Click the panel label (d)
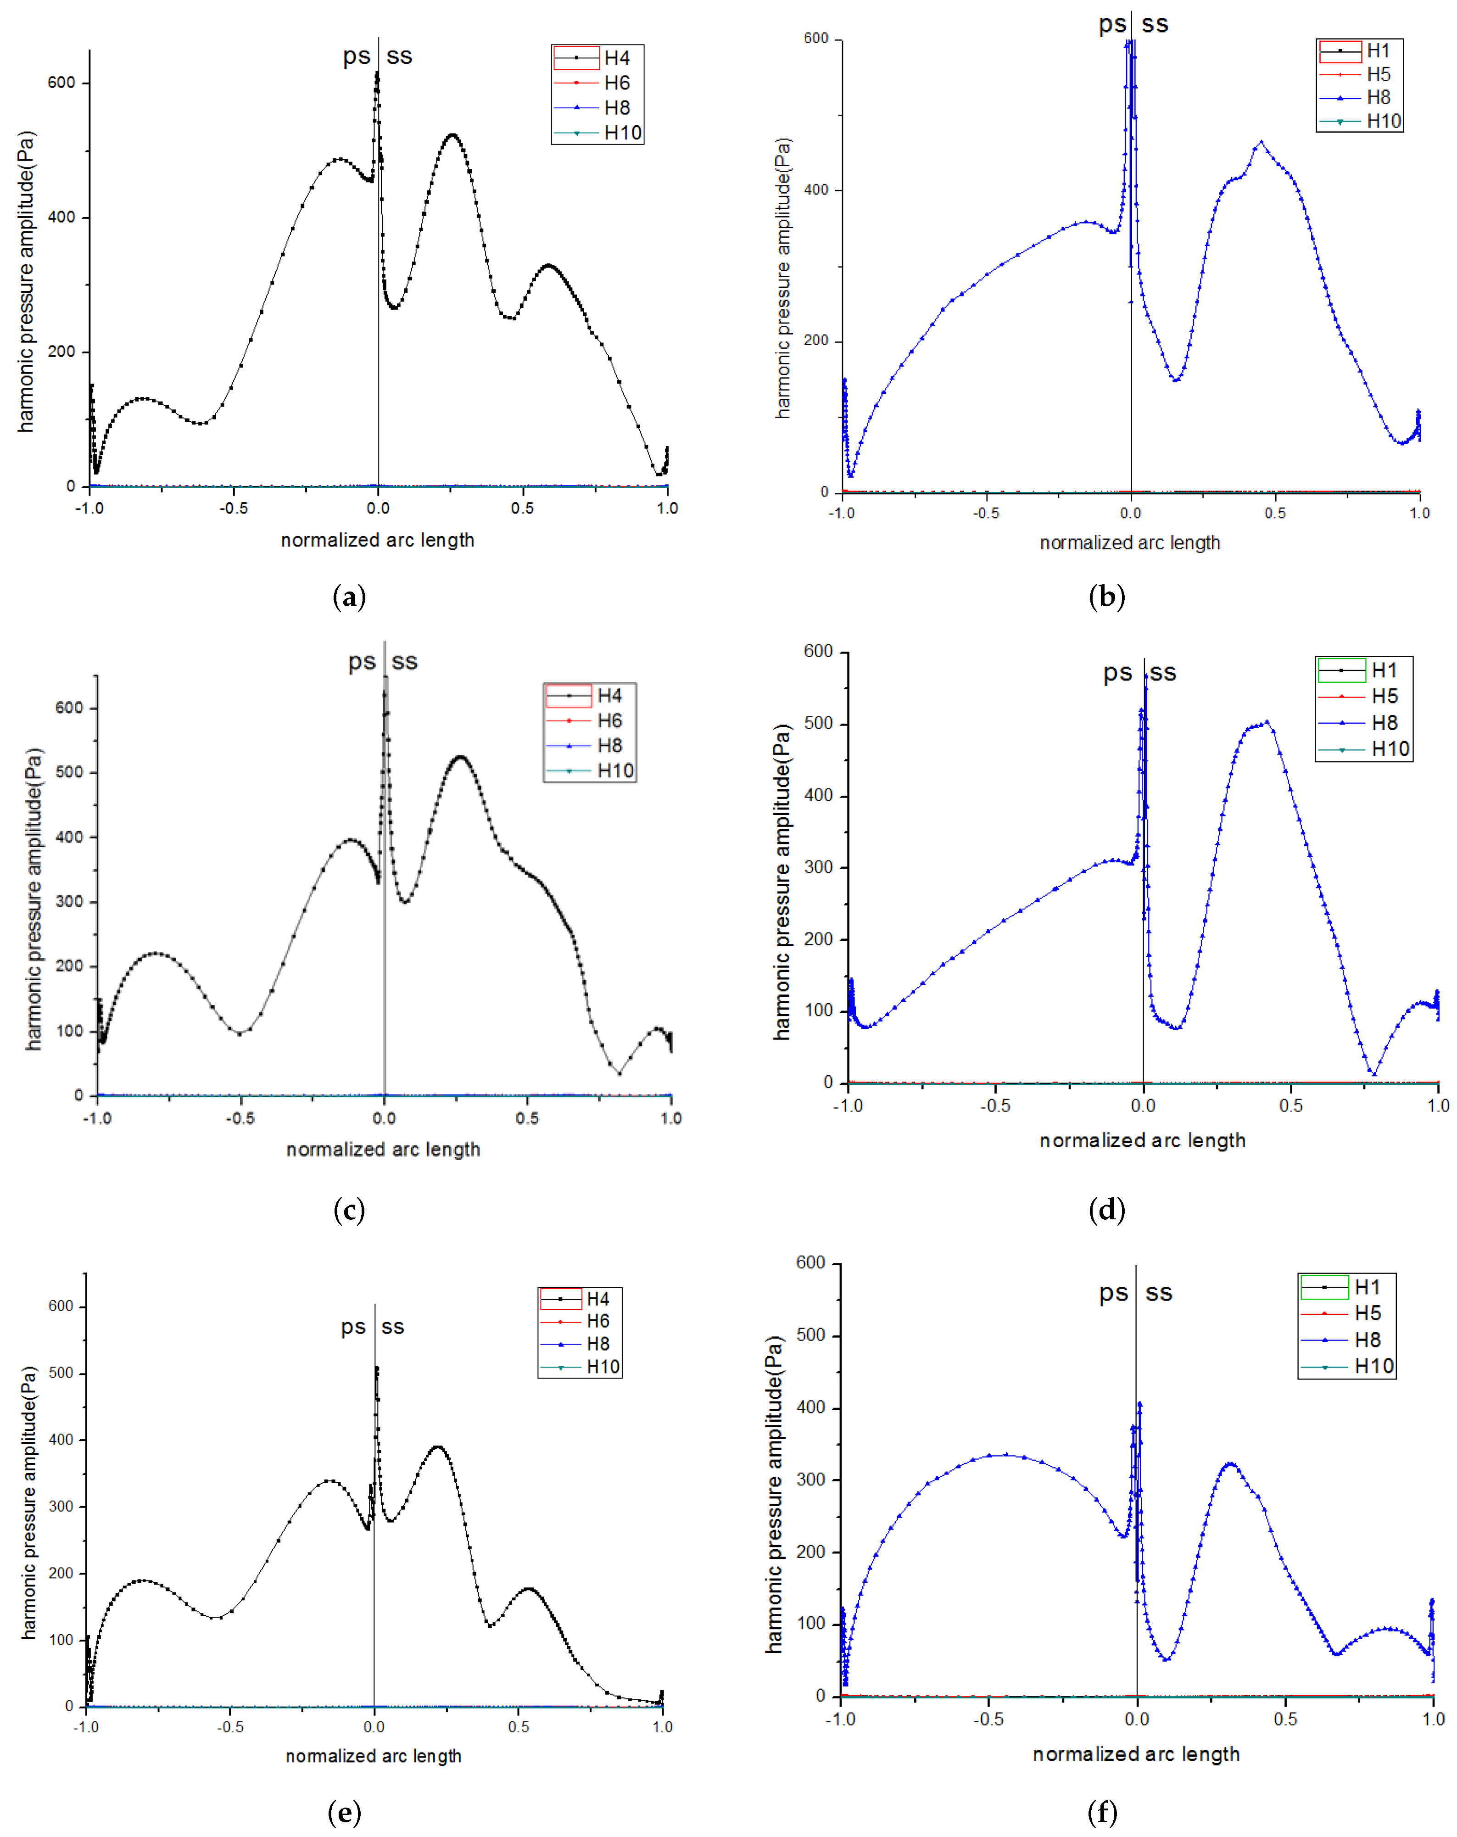pyautogui.click(x=1107, y=1209)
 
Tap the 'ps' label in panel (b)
pyautogui.click(x=1112, y=24)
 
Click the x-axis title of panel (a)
pyautogui.click(x=378, y=540)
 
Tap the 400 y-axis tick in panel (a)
pyautogui.click(x=61, y=217)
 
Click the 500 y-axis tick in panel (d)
pyautogui.click(x=818, y=723)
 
